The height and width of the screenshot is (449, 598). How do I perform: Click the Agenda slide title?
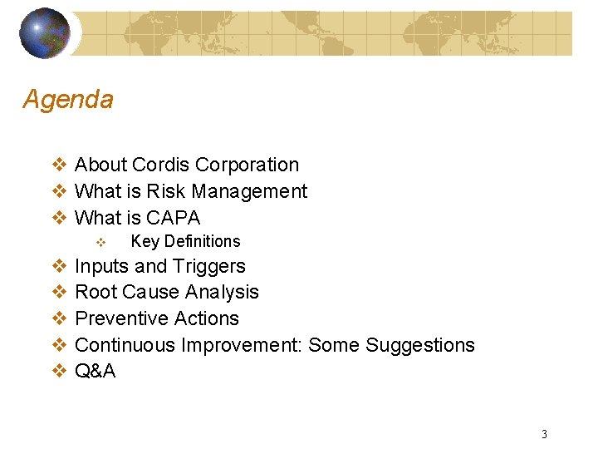tap(68, 100)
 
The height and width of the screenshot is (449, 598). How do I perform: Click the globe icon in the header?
tap(45, 32)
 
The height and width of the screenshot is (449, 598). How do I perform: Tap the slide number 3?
tap(544, 433)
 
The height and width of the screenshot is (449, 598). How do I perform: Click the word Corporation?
tap(247, 165)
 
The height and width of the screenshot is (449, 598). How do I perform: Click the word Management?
tap(248, 191)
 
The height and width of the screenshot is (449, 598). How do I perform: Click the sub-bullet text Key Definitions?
tap(185, 242)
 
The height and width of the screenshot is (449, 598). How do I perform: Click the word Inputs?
tap(102, 266)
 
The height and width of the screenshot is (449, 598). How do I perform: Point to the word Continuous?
tap(125, 345)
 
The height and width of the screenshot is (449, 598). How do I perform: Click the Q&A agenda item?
tap(96, 372)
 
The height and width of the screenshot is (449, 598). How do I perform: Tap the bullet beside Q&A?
tap(59, 372)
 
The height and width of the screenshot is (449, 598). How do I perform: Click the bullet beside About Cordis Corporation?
tap(59, 165)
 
